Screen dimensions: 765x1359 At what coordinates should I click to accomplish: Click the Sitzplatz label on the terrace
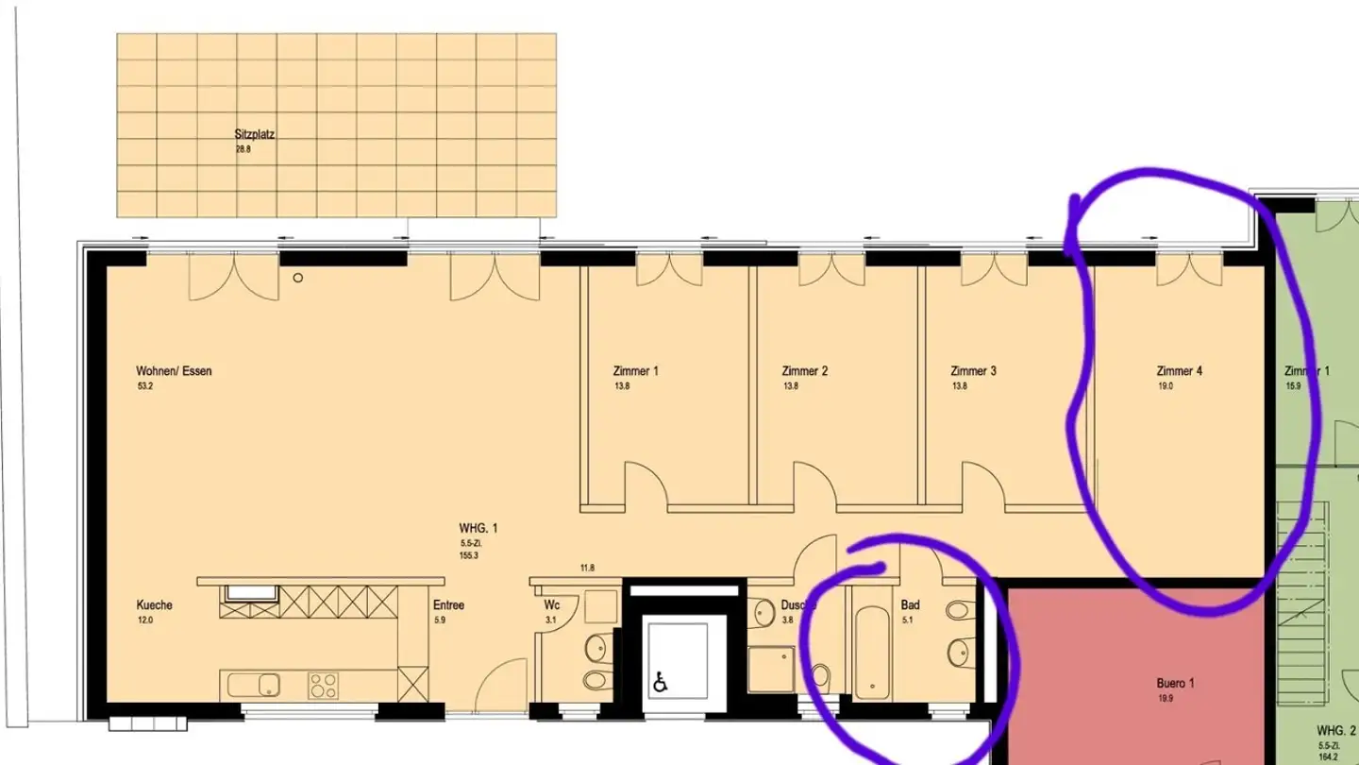pyautogui.click(x=254, y=135)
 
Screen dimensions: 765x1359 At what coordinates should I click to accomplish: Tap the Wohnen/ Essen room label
pyautogui.click(x=174, y=371)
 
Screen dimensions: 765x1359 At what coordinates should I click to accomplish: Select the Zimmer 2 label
pyautogui.click(x=804, y=371)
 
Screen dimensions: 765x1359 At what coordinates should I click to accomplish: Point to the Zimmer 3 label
pyautogui.click(x=973, y=371)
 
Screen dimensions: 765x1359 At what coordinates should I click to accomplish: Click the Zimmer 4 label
pyautogui.click(x=1179, y=371)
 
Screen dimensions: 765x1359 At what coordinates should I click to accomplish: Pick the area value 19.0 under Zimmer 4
pyautogui.click(x=1165, y=386)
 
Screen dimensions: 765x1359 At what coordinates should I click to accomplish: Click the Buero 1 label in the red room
pyautogui.click(x=1176, y=684)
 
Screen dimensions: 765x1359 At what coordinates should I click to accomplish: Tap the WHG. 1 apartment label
pyautogui.click(x=478, y=528)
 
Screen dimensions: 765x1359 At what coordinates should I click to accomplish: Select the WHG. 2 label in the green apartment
pyautogui.click(x=1336, y=731)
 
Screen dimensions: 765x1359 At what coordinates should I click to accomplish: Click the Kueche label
pyautogui.click(x=155, y=605)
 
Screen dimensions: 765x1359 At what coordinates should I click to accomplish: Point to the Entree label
pyautogui.click(x=448, y=605)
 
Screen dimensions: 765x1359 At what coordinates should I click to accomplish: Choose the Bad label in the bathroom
pyautogui.click(x=910, y=605)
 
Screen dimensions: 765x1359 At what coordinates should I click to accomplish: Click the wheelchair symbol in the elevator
pyautogui.click(x=661, y=682)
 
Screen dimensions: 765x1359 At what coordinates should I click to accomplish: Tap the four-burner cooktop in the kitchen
pyautogui.click(x=324, y=686)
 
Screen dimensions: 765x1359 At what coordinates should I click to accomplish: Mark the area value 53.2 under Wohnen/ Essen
pyautogui.click(x=144, y=386)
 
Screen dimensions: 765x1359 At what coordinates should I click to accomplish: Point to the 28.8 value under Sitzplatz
pyautogui.click(x=243, y=149)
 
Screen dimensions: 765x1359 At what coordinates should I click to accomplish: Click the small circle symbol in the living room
pyautogui.click(x=298, y=278)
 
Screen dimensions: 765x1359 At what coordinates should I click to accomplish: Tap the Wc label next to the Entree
pyautogui.click(x=552, y=605)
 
